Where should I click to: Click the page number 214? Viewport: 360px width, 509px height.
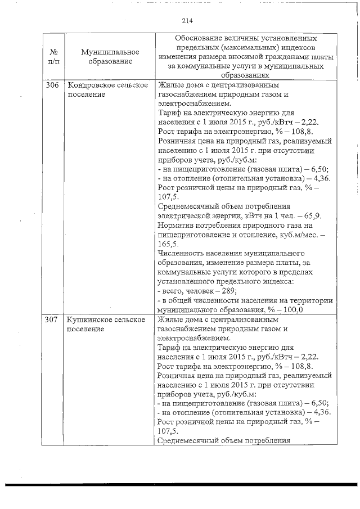(187, 21)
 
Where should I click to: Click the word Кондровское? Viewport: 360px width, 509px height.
(89, 85)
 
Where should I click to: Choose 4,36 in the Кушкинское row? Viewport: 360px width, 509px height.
(319, 412)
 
